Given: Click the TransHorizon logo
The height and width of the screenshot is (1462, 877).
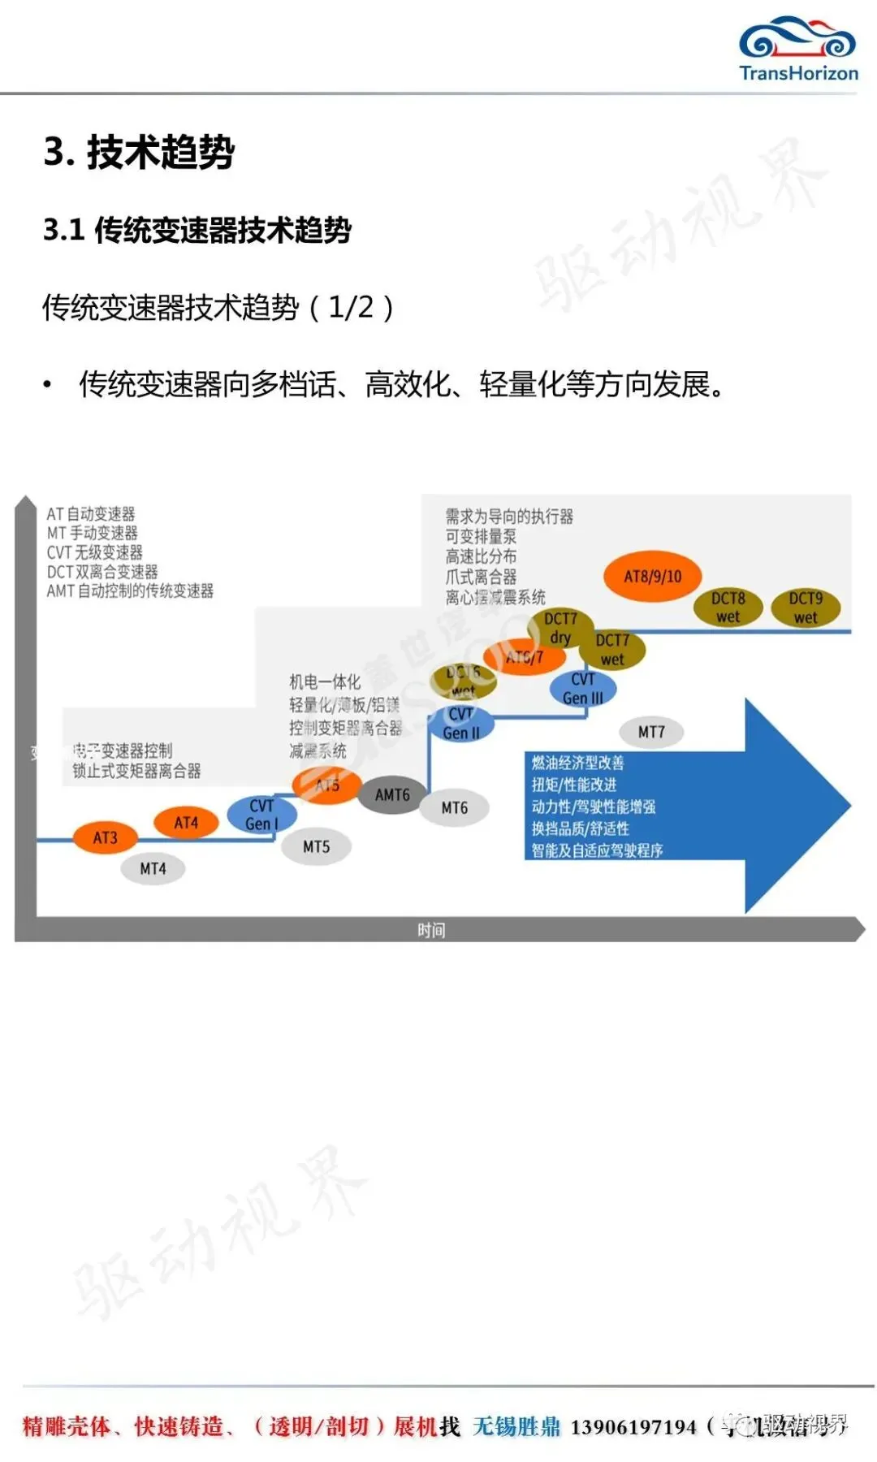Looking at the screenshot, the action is point(797,49).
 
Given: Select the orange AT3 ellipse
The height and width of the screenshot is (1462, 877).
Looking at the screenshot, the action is point(105,837).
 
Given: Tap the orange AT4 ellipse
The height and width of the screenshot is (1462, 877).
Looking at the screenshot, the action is point(186,823).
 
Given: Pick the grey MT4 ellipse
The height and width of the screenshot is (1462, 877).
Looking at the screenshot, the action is point(153,869).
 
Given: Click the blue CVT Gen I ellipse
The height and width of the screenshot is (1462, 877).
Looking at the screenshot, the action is point(261,814).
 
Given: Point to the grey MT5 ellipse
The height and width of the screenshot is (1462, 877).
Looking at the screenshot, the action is point(316,847).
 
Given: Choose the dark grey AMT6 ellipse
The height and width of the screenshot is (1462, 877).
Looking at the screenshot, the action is point(392,795).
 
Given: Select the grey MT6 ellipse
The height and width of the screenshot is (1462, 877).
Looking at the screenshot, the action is point(455,808).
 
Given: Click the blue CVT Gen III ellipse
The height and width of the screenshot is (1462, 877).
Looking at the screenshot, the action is point(583,689).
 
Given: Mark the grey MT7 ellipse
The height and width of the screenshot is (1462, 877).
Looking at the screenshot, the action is point(651,732).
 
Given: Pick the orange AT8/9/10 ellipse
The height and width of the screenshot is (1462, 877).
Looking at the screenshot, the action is point(653,577).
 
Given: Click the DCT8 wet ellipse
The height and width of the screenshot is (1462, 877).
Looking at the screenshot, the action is point(728,608).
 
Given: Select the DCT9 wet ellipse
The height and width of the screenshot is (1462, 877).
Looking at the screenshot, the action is point(806,608).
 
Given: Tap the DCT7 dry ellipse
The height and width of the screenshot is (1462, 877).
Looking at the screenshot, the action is point(560,627).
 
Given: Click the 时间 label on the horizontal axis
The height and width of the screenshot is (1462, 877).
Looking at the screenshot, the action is point(431,930).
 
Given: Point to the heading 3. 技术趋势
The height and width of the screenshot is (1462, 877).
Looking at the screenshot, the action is point(139,152).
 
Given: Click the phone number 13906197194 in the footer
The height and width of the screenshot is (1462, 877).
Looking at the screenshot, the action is point(633,1427).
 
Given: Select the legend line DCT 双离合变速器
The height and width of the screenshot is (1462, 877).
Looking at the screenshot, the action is point(102,572).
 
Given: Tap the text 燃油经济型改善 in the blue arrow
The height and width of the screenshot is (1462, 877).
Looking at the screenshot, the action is point(577,763).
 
